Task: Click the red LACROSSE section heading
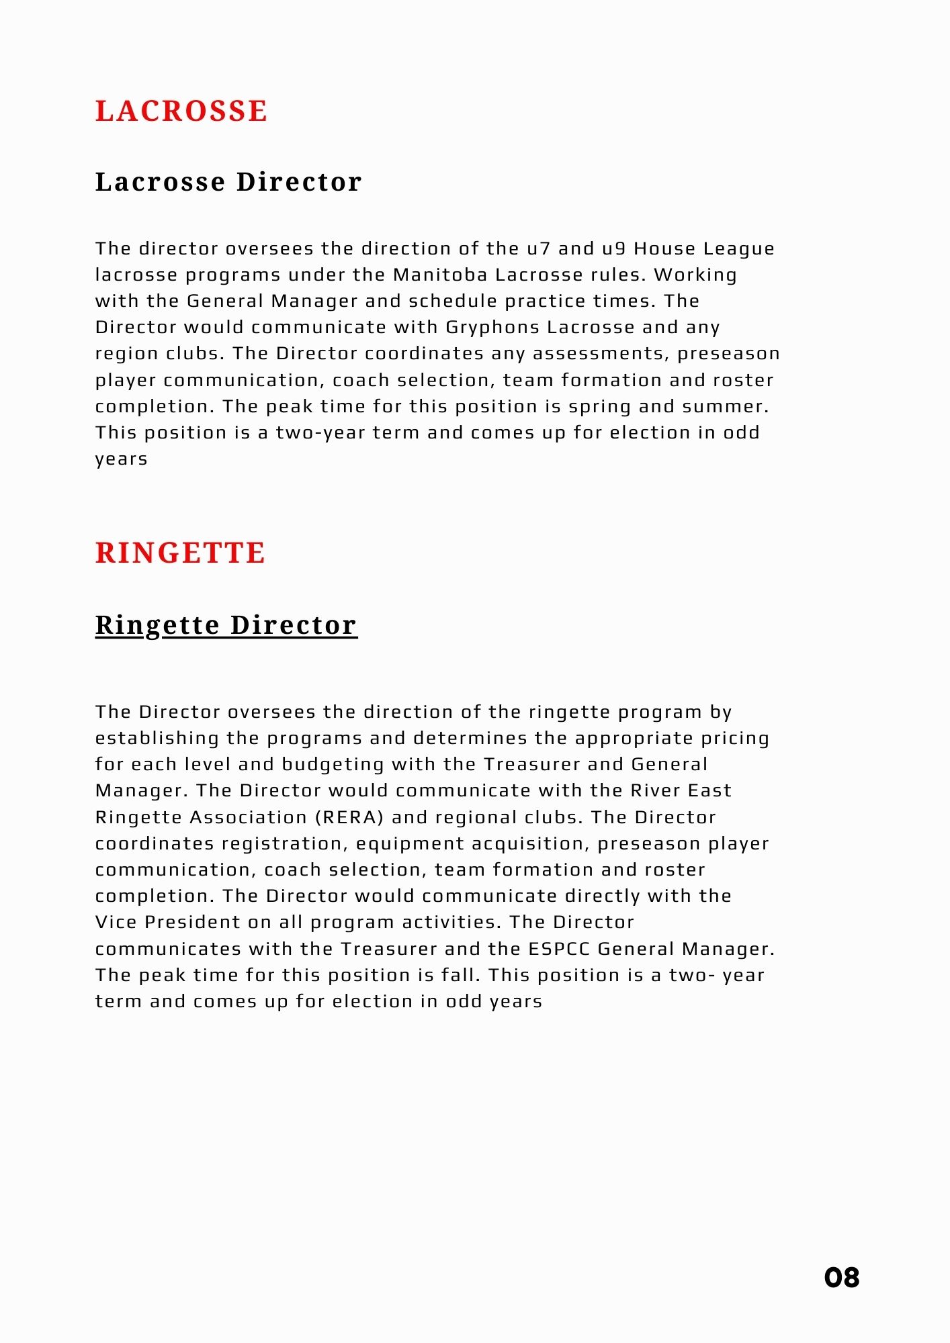coord(181,111)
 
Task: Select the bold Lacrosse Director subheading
coord(228,182)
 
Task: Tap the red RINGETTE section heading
coord(180,553)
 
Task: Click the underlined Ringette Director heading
coord(226,624)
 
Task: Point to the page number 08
coord(841,1277)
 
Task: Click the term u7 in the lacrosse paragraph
coord(538,249)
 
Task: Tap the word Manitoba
coord(440,275)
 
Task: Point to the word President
coord(192,923)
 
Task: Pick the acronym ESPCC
coord(559,950)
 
